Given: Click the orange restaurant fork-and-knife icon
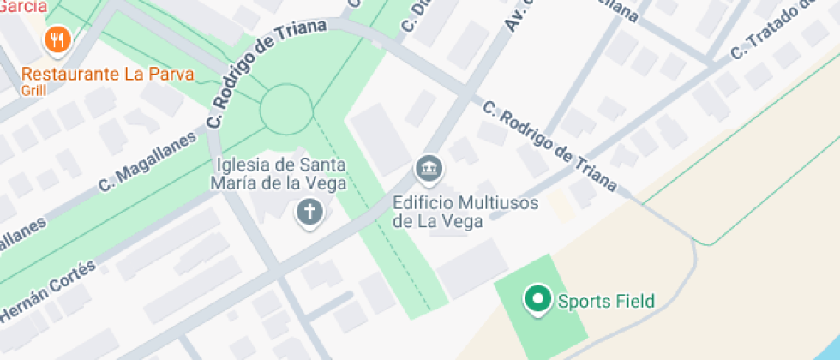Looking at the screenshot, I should tap(57, 39).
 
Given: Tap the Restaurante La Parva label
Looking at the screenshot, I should tap(108, 74).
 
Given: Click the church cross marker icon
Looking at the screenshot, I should tap(309, 212).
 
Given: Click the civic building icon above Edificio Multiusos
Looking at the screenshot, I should tap(429, 168).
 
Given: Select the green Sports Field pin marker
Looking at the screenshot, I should tap(538, 300).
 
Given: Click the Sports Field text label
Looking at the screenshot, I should tap(606, 301).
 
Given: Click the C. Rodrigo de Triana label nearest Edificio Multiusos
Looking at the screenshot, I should tap(549, 147).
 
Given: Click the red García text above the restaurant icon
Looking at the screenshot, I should tap(22, 6).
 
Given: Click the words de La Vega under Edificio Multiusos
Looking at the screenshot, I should tap(437, 220).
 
